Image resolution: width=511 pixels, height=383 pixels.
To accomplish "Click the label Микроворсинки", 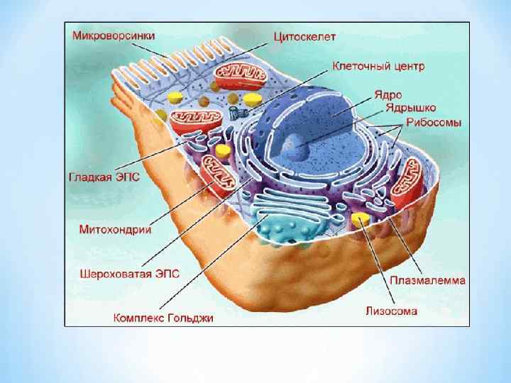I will coord(113,33).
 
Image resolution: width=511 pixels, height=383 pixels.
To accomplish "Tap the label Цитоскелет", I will coord(306,33).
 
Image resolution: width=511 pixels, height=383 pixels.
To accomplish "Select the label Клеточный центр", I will coord(378,67).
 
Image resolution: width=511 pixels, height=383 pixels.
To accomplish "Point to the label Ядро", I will coord(390,94).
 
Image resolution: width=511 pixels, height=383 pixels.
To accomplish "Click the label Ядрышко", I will coord(410,108).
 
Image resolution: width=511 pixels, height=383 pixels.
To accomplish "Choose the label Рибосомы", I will coord(434,123).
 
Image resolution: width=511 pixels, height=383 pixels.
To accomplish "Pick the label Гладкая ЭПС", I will coord(105,177).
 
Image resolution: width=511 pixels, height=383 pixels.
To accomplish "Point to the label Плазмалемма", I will coord(427,279).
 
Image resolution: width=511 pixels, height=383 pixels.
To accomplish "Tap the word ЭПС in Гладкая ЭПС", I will coord(128,177).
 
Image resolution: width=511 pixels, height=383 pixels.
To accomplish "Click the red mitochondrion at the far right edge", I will coord(409,182).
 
